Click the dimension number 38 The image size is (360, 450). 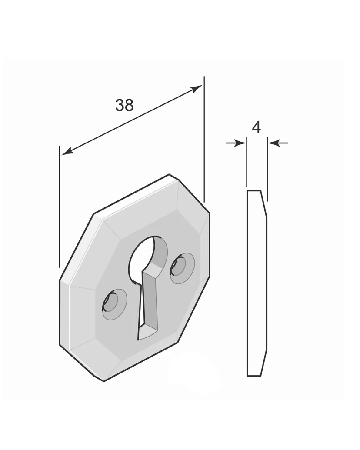pyautogui.click(x=124, y=105)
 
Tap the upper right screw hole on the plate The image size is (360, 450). pyautogui.click(x=182, y=269)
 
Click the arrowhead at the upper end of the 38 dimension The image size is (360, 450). pyautogui.click(x=196, y=89)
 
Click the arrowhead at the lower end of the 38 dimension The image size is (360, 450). pyautogui.click(x=68, y=151)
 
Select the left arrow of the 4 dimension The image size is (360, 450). pyautogui.click(x=236, y=143)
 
